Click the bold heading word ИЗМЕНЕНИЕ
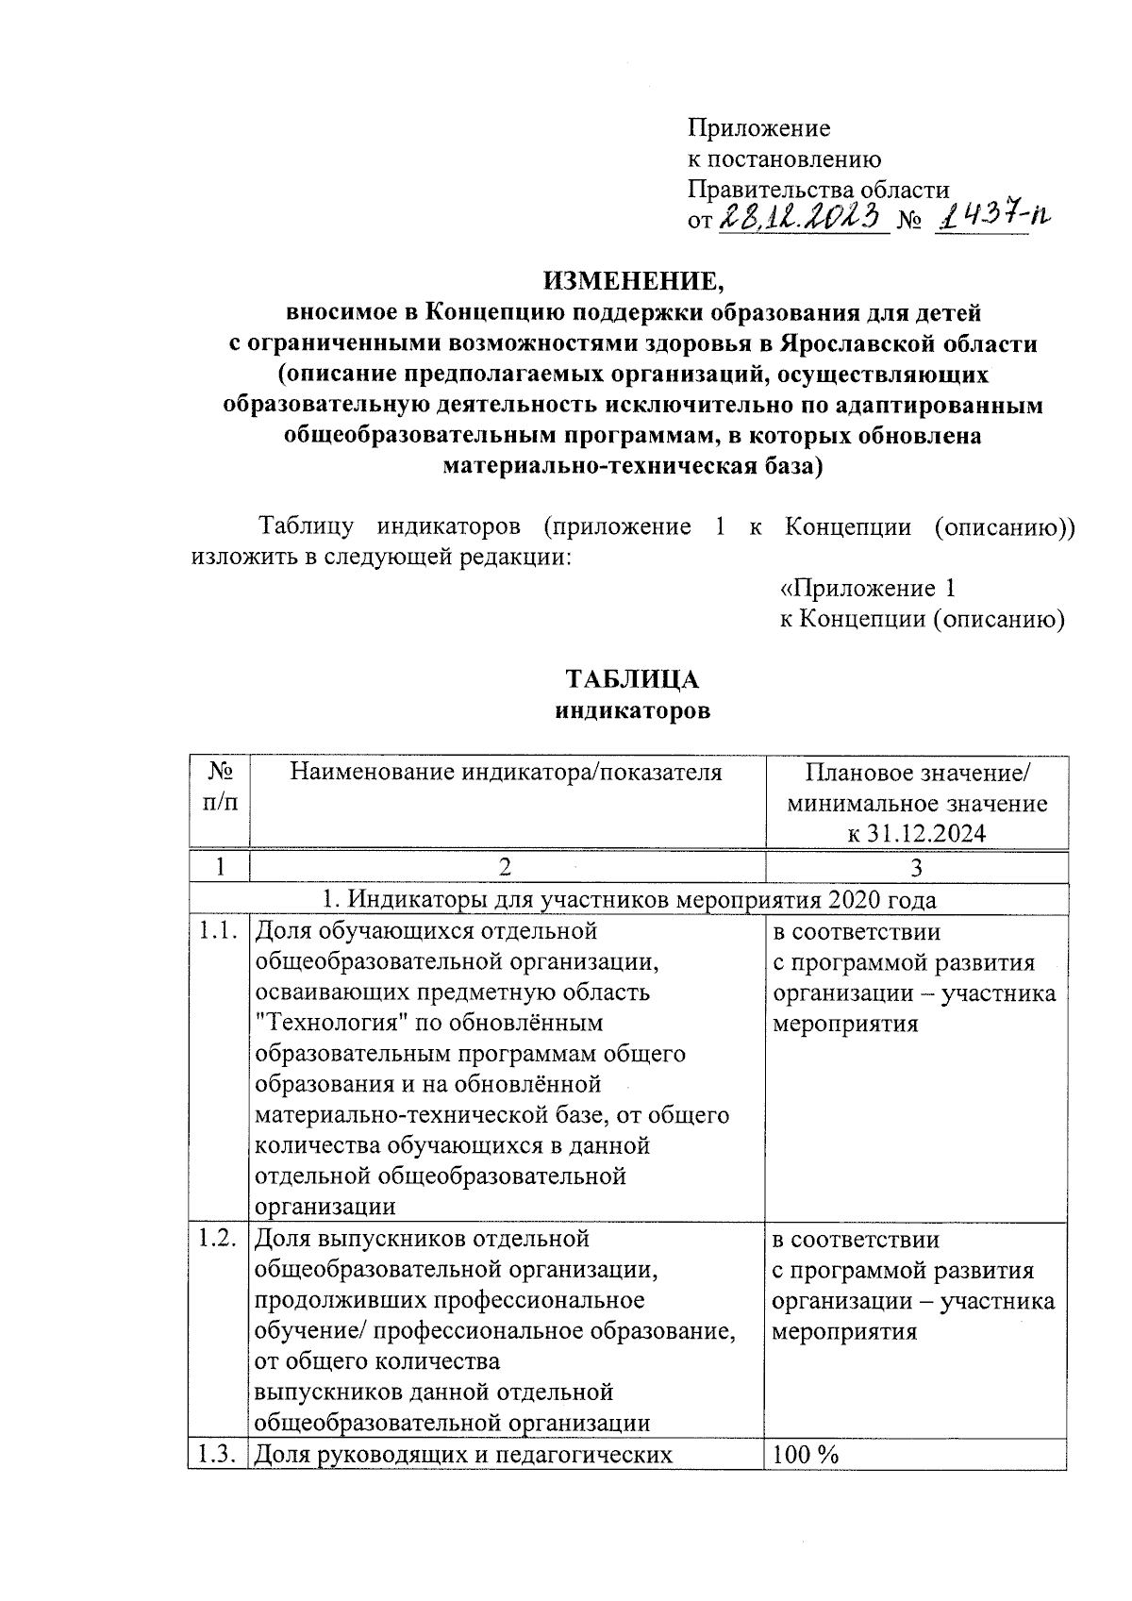(x=631, y=281)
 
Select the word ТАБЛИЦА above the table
(x=631, y=680)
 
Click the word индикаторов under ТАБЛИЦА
(x=631, y=711)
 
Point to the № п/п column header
(x=219, y=787)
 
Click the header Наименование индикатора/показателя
(x=506, y=774)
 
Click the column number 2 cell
(x=506, y=867)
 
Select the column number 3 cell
(x=916, y=867)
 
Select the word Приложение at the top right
(x=758, y=128)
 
